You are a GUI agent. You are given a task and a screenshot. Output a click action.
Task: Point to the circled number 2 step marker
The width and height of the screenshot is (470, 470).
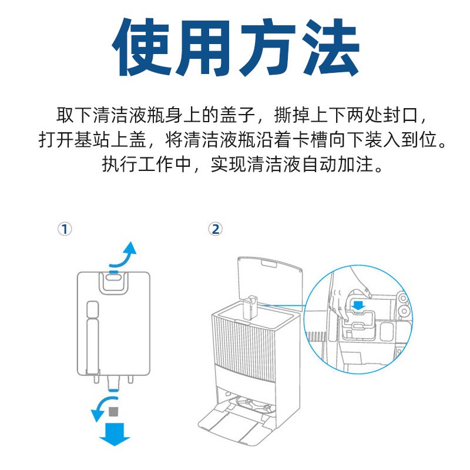click(x=215, y=229)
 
